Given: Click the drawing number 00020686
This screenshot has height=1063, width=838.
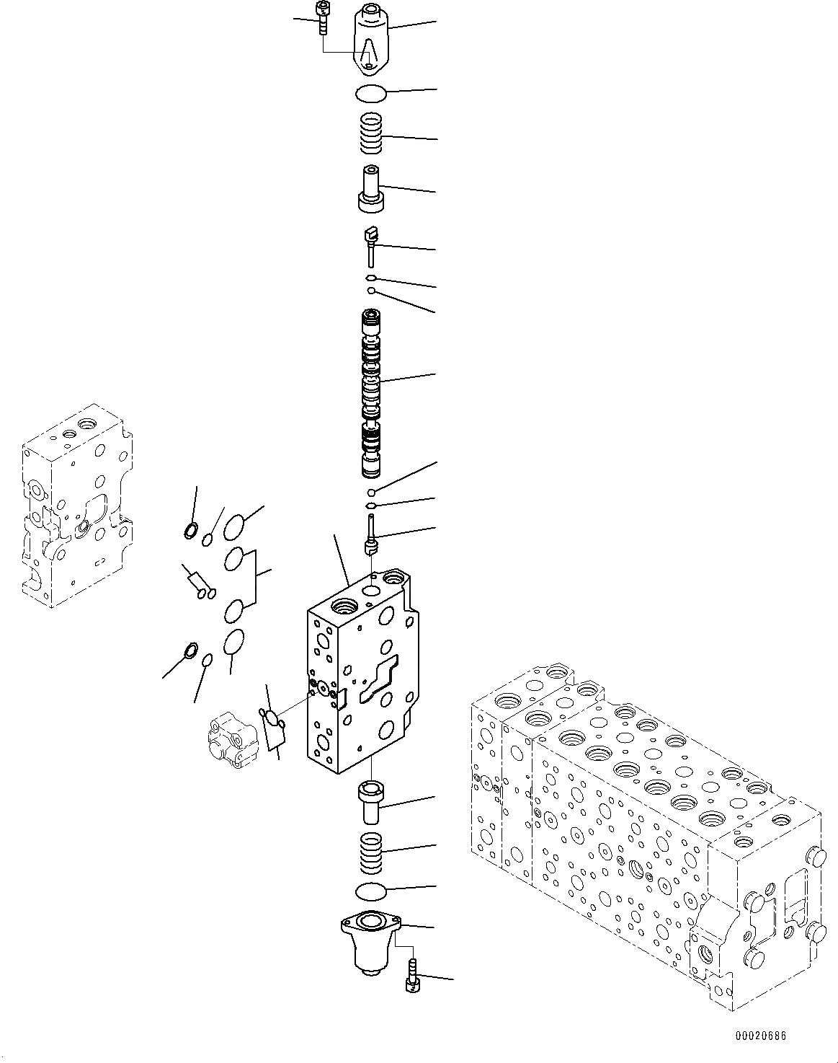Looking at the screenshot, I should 760,1036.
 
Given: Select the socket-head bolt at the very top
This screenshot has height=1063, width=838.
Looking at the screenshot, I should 321,17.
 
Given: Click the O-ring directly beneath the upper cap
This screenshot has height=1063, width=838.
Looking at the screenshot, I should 372,93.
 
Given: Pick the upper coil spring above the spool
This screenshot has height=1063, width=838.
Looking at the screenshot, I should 372,134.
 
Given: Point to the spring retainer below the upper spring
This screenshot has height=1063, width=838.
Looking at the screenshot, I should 372,189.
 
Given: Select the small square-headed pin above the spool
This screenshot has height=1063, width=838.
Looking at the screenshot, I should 371,241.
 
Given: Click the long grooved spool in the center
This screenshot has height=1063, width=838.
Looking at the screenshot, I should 372,394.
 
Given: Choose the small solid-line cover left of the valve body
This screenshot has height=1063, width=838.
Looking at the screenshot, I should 228,738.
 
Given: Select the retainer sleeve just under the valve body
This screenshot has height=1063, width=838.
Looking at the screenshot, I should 372,800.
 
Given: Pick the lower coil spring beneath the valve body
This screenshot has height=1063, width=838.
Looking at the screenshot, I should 372,850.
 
